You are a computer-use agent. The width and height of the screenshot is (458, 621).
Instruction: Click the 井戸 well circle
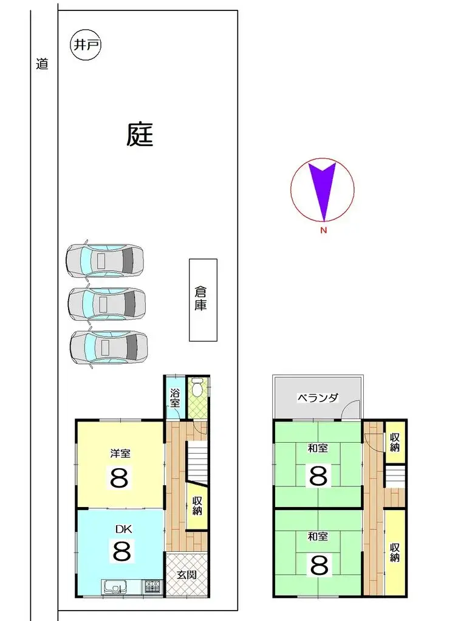[86, 45]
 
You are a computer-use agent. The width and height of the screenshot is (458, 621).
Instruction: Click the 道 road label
[42, 64]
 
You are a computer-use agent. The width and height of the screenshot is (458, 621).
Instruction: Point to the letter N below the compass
[323, 230]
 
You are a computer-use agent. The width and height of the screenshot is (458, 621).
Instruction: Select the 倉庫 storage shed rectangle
[203, 300]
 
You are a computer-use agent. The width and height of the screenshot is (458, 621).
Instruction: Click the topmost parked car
[104, 260]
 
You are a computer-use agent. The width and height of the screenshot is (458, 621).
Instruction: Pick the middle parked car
[106, 303]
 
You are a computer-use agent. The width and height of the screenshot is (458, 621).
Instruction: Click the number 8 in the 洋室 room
[119, 478]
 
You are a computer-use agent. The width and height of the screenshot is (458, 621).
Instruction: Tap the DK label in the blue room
[123, 529]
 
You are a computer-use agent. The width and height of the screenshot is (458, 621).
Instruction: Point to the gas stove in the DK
[152, 587]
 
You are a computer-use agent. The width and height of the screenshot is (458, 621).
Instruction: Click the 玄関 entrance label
[187, 574]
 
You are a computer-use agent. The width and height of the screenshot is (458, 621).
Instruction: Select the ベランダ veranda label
[318, 398]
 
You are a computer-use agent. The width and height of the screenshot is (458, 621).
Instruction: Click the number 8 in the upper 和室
[318, 475]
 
